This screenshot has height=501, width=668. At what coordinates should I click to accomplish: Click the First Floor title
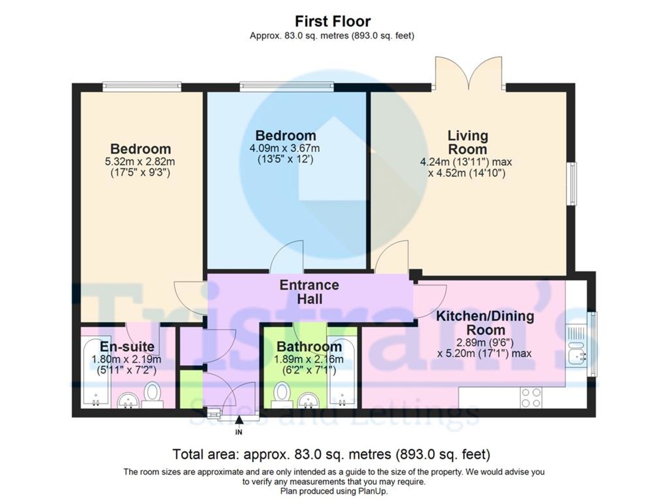click(x=332, y=22)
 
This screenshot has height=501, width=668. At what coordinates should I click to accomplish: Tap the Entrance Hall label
click(x=309, y=292)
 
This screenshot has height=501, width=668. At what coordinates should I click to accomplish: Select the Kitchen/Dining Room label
click(x=484, y=323)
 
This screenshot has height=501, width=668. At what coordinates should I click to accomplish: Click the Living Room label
click(x=468, y=143)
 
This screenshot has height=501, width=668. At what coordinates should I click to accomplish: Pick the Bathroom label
click(x=309, y=347)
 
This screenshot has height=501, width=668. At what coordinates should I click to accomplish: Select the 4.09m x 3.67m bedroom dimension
click(x=286, y=148)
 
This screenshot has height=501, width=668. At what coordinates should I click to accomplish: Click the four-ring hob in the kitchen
click(x=530, y=397)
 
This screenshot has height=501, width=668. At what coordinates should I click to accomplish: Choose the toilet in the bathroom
click(x=282, y=392)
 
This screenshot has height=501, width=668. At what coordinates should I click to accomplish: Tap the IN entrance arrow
click(x=239, y=426)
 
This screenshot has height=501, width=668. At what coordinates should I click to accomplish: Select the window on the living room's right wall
click(x=571, y=184)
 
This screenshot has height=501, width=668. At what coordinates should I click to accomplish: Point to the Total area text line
click(x=331, y=453)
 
